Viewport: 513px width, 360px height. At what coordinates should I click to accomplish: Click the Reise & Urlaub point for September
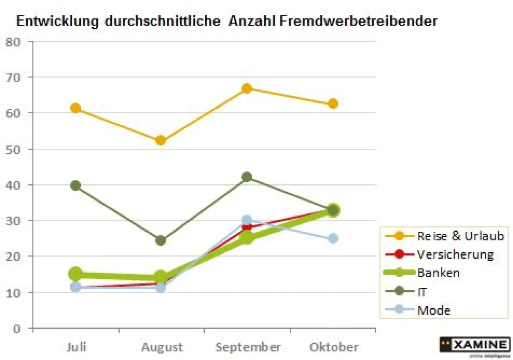(247, 89)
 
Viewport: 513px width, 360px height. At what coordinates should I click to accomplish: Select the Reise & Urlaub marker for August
(161, 140)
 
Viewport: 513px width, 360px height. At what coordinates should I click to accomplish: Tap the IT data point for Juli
(76, 186)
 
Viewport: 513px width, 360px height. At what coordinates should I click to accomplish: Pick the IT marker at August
(161, 240)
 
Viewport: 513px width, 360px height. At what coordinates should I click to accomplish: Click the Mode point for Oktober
(333, 238)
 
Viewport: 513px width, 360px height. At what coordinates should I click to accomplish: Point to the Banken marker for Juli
(76, 273)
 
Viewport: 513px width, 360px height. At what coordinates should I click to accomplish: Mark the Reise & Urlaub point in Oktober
(333, 104)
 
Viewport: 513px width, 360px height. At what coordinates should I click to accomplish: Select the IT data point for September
(247, 177)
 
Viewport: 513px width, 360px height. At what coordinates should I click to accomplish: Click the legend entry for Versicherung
(455, 254)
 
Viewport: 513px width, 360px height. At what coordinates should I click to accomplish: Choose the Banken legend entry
(438, 273)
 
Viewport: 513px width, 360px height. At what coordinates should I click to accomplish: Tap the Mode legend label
(433, 310)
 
